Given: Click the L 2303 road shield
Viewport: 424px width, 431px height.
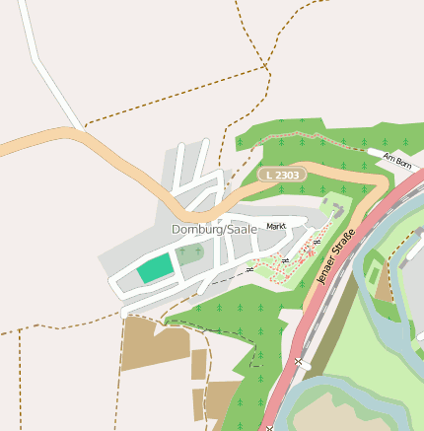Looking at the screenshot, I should click(x=283, y=175).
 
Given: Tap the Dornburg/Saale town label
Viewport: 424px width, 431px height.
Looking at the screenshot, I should click(x=214, y=229).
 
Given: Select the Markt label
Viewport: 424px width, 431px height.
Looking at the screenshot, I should click(x=276, y=226).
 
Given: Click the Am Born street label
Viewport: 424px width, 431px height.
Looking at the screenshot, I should click(x=395, y=158).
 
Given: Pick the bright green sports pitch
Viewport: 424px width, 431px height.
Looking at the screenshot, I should click(x=154, y=267).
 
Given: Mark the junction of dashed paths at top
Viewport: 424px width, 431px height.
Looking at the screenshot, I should click(x=266, y=67).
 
